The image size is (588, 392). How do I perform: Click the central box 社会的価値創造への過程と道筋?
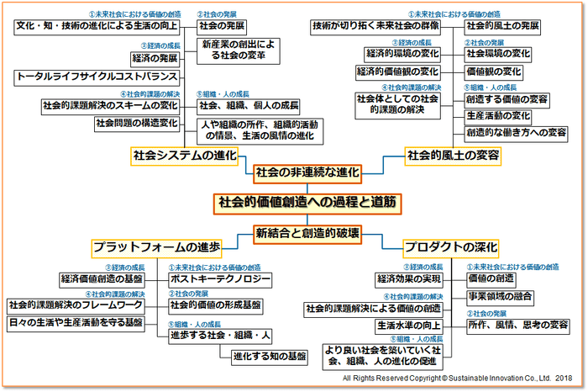[307, 203]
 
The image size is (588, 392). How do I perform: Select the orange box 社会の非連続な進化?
[307, 172]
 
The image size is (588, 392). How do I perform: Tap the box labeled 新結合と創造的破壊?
[307, 233]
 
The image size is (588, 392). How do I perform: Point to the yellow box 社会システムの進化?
[185, 156]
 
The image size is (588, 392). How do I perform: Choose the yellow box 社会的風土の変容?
[453, 156]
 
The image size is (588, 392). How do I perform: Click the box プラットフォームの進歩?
[157, 247]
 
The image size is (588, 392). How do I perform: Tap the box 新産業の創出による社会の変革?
[234, 50]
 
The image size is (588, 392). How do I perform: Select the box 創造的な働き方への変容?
[516, 132]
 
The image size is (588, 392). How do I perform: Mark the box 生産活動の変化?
[498, 115]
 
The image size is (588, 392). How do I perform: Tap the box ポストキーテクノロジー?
[220, 278]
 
